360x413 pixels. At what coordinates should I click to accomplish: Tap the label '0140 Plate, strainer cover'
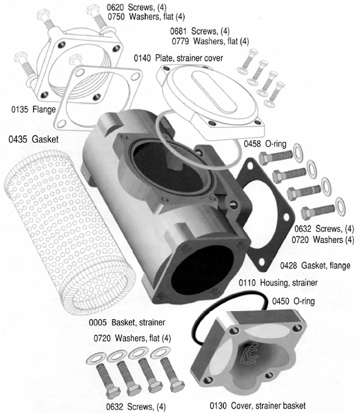point(178,58)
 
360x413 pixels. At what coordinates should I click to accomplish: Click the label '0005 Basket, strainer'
point(128,322)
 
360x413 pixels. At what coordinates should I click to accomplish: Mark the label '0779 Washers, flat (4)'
point(210,41)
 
